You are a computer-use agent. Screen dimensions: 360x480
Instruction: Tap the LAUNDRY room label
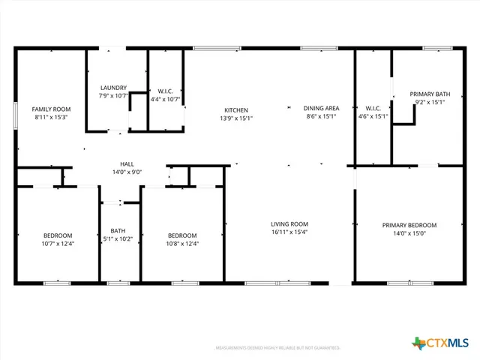[x=113, y=87]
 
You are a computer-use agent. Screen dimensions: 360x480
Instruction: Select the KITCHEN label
[x=235, y=109]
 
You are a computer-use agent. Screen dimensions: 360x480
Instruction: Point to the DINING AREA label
[x=320, y=108]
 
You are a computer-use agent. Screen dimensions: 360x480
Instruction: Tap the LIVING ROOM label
[x=289, y=223]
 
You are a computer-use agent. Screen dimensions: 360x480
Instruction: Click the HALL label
[x=127, y=163]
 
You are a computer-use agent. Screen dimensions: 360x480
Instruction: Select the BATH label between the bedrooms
[x=118, y=231]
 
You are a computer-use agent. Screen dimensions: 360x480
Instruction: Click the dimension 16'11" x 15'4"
[x=289, y=232]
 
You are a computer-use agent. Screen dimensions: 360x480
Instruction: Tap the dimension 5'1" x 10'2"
[x=118, y=239]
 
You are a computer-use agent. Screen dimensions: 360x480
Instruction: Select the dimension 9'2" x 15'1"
[x=430, y=102]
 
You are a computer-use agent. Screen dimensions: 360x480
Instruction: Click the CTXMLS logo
[x=440, y=343]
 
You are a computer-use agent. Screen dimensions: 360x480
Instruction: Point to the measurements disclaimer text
[x=277, y=348]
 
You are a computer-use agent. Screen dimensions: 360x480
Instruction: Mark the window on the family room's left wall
[x=16, y=118]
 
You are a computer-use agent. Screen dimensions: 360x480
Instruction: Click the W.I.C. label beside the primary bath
[x=373, y=108]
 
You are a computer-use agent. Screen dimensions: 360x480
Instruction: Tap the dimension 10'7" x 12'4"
[x=58, y=243]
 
